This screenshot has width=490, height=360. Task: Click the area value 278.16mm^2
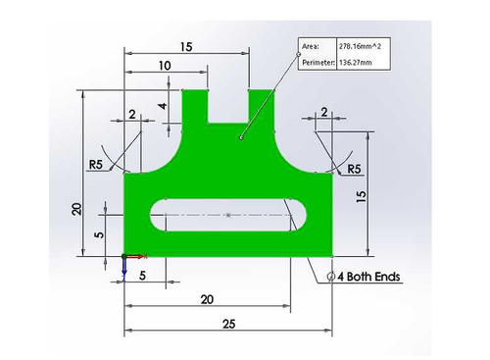360,46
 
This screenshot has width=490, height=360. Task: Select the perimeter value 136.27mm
355,62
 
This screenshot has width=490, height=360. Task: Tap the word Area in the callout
310,46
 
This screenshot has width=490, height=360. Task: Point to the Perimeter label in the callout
318,62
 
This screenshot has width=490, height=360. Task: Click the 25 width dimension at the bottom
228,324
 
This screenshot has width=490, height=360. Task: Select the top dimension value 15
186,47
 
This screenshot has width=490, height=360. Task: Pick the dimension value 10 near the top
165,66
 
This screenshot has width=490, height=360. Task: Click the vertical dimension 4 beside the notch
163,106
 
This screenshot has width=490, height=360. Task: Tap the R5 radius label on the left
96,165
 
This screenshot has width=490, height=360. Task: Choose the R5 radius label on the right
354,169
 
